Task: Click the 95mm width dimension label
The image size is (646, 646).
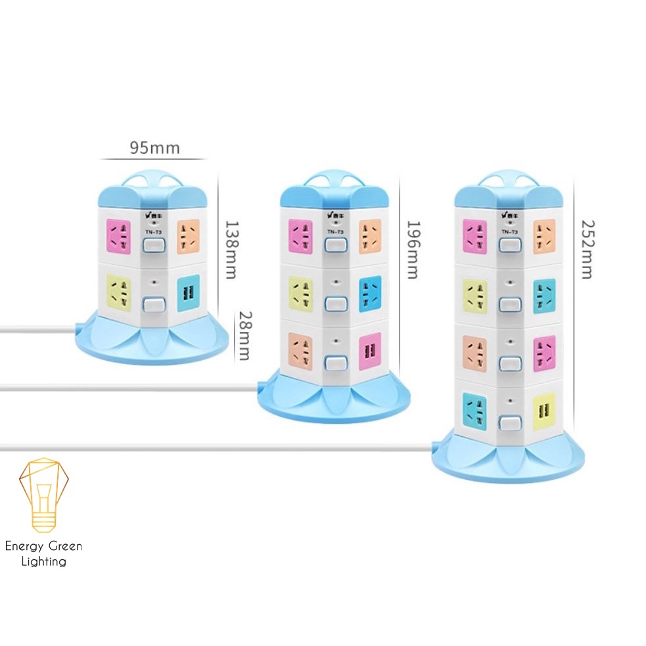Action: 154,147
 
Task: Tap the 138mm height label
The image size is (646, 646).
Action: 230,250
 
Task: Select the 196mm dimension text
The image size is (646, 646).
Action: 412,250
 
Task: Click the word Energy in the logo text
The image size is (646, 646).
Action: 26,546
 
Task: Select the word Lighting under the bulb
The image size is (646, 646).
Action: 44,561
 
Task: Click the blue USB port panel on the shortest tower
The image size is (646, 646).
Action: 188,292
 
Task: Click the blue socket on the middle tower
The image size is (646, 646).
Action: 370,292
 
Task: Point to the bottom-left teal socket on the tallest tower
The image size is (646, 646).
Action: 474,409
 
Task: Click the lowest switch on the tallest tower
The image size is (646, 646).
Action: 506,423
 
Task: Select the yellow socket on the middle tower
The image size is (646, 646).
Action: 300,292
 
